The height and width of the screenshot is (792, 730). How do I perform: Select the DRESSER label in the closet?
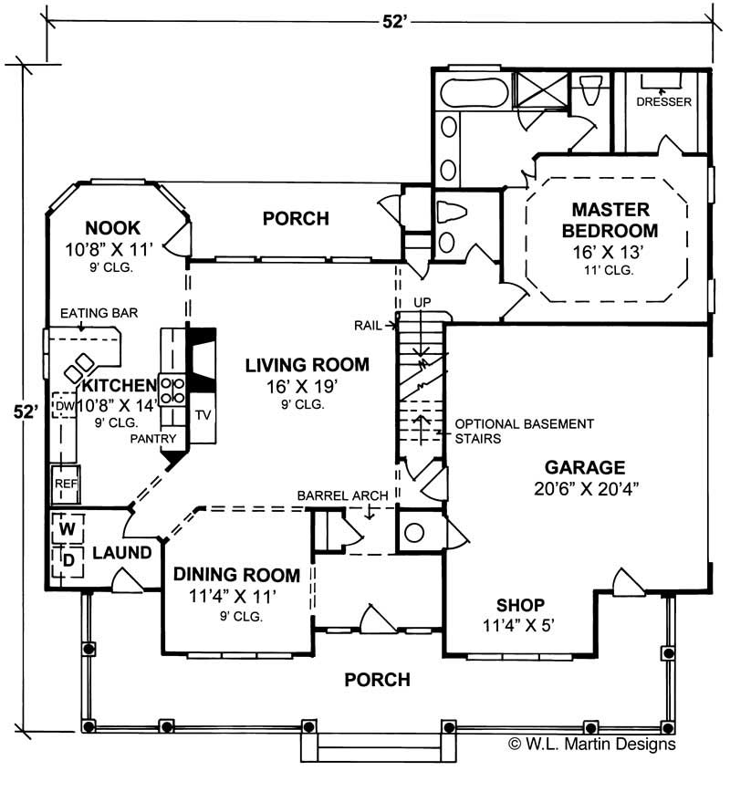pos(663,102)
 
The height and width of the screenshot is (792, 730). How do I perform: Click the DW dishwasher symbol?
pos(63,405)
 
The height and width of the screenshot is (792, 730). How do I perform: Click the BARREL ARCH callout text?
pos(342,495)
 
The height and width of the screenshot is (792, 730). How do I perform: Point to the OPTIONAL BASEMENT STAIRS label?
pos(524,431)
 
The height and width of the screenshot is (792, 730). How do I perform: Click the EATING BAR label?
pos(99,313)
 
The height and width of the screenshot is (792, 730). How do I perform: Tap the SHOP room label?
pos(520,605)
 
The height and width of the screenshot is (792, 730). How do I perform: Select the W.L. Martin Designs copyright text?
pos(591,744)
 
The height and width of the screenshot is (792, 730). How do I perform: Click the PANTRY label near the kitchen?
pos(152,439)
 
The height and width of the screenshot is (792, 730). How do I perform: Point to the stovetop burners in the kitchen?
pos(172,390)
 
